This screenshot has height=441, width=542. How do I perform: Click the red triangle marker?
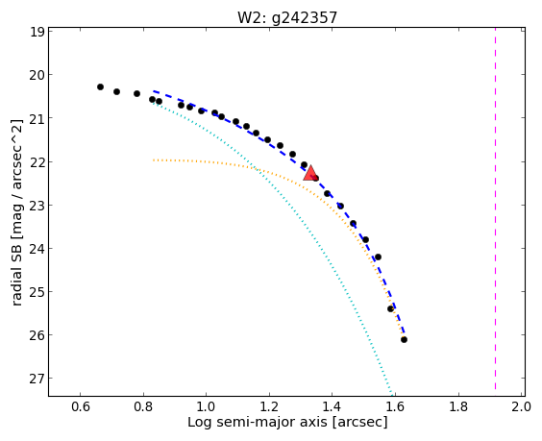tap(310, 174)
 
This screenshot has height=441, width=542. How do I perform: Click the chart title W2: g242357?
tap(287, 17)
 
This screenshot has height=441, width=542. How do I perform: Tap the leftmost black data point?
tap(100, 86)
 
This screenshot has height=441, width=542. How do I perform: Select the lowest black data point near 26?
tap(404, 340)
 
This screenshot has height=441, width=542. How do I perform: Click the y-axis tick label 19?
tap(37, 32)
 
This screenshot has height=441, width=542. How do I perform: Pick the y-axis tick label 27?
tap(37, 379)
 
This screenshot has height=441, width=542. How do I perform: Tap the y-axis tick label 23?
tap(37, 206)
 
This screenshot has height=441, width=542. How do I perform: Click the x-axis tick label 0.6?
tap(81, 406)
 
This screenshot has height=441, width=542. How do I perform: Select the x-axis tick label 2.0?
tap(522, 406)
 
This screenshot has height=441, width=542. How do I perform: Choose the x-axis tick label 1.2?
tap(269, 406)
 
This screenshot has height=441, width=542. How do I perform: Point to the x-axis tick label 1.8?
tap(458, 406)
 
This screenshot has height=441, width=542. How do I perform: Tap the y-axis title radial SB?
tap(16, 265)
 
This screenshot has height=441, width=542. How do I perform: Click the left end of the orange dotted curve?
tap(154, 160)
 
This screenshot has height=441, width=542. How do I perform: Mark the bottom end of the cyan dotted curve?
tap(392, 394)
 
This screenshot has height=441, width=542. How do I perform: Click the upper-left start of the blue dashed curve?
tap(154, 91)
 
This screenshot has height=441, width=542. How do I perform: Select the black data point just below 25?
tap(390, 308)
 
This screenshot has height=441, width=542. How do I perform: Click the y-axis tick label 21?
tap(37, 118)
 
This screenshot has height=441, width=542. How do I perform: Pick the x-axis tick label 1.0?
tap(206, 406)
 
